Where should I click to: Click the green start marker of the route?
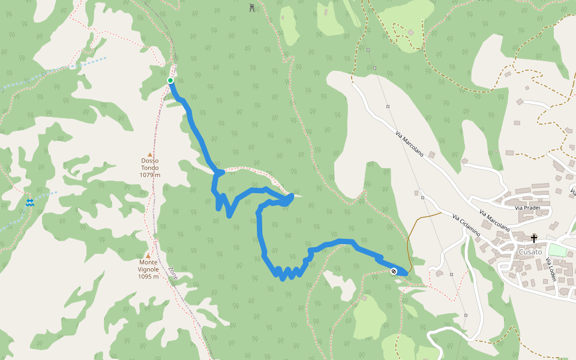coord(170,80)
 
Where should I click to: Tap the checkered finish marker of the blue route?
coord(394,272)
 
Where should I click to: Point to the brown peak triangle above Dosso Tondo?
coord(150,154)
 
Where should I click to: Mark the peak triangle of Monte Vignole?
coord(148,256)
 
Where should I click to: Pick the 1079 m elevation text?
coord(150,175)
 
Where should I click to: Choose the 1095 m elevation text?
coord(148,277)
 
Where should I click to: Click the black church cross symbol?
coord(534,238)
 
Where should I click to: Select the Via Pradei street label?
coord(527,208)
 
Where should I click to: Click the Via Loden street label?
coord(550,269)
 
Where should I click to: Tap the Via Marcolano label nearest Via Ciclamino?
coord(494,221)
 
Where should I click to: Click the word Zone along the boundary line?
coord(173,273)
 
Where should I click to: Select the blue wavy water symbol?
coord(30,203)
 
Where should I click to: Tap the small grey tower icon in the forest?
coord(251,8)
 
